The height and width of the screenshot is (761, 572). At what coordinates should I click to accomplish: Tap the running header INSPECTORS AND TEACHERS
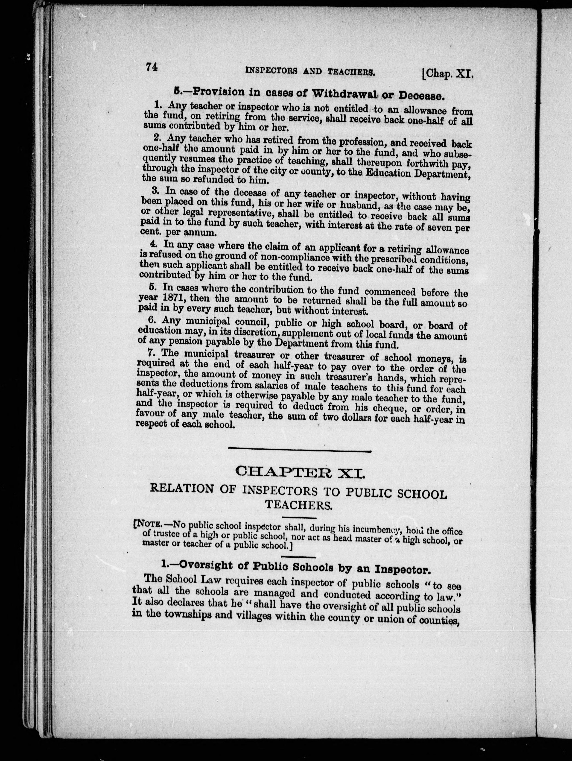(309, 72)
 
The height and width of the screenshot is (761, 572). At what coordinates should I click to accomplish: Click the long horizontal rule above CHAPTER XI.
(300, 451)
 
